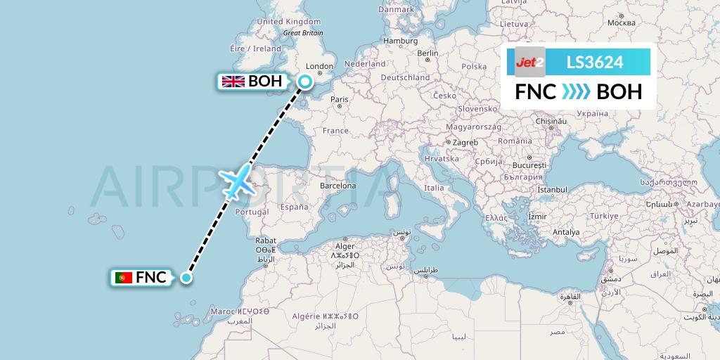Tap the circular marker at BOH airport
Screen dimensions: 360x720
[305, 82]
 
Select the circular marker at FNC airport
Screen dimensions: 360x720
[186, 278]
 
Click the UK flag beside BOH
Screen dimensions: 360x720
[233, 82]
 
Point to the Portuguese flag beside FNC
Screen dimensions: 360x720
[124, 278]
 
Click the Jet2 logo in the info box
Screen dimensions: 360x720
[530, 63]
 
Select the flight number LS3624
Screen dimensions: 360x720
[594, 63]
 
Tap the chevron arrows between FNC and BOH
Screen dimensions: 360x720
[577, 92]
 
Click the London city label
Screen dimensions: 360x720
[320, 67]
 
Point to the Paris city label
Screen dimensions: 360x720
[340, 99]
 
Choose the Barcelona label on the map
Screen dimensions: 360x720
[337, 186]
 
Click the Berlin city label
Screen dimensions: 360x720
[427, 53]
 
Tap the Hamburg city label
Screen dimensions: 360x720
[400, 41]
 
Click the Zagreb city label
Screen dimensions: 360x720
[465, 142]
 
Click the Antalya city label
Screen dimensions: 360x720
[567, 231]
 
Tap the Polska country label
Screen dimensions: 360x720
[475, 67]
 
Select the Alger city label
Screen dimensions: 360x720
[345, 246]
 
